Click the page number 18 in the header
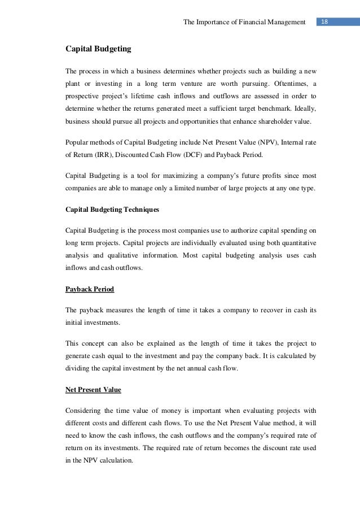point(324,22)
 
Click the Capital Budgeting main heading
point(98,49)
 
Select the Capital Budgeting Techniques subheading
point(112,210)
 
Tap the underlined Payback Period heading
point(90,289)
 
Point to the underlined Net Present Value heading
point(94,389)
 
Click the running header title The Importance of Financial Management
point(245,22)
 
